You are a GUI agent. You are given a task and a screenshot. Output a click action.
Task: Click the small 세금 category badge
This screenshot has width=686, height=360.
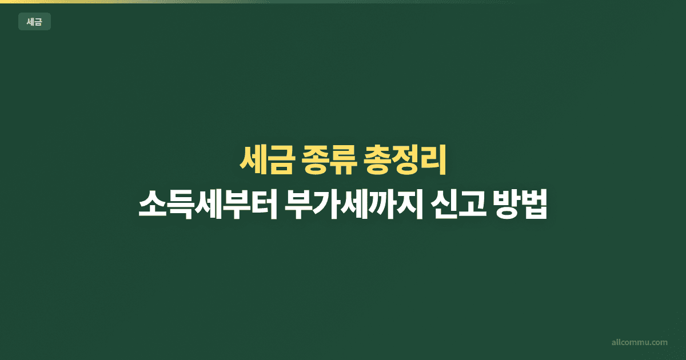point(34,22)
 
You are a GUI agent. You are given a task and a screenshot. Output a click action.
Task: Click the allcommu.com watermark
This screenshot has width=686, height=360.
point(639,342)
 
